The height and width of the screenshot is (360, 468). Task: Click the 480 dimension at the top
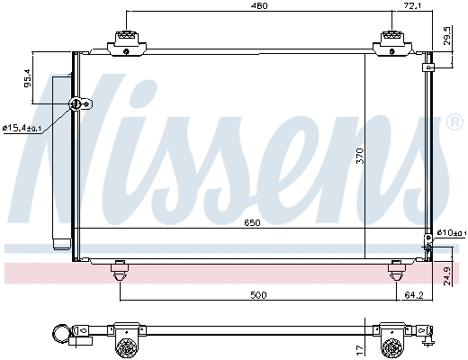pyautogui.click(x=259, y=7)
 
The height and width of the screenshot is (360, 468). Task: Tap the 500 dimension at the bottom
pyautogui.click(x=259, y=293)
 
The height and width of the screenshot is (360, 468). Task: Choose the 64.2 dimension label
pyautogui.click(x=413, y=293)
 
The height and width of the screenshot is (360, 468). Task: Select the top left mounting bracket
pyautogui.click(x=125, y=40)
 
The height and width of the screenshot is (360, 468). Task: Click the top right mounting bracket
pyautogui.click(x=393, y=40)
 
